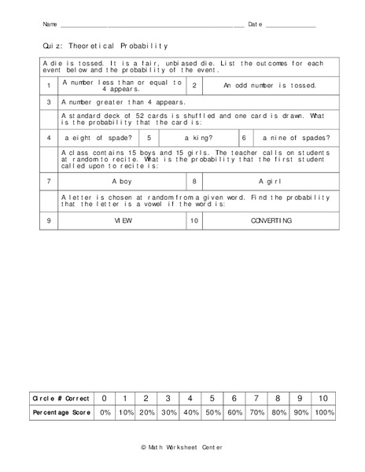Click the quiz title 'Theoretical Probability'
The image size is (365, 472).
[106, 46]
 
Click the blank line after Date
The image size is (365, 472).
[291, 26]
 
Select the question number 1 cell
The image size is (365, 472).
[49, 86]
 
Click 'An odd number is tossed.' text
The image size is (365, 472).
[270, 86]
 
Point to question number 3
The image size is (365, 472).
[49, 101]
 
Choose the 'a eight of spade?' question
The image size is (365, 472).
[98, 138]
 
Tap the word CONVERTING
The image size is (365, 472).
[271, 221]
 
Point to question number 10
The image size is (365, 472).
[194, 221]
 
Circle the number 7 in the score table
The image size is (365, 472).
[256, 399]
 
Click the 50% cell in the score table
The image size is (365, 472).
[212, 412]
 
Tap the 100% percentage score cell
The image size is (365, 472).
[322, 412]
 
